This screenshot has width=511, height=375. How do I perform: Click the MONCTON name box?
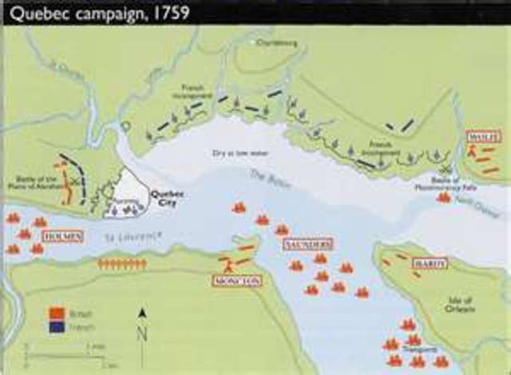pyautogui.click(x=237, y=281)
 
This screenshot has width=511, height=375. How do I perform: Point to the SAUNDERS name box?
pyautogui.click(x=307, y=244)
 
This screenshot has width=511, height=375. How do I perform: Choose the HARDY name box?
pyautogui.click(x=430, y=263)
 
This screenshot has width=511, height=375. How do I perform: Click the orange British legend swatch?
pyautogui.click(x=57, y=313)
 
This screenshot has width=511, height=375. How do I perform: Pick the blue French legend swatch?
pyautogui.click(x=57, y=326)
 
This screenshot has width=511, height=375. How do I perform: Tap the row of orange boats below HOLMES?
pyautogui.click(x=121, y=263)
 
